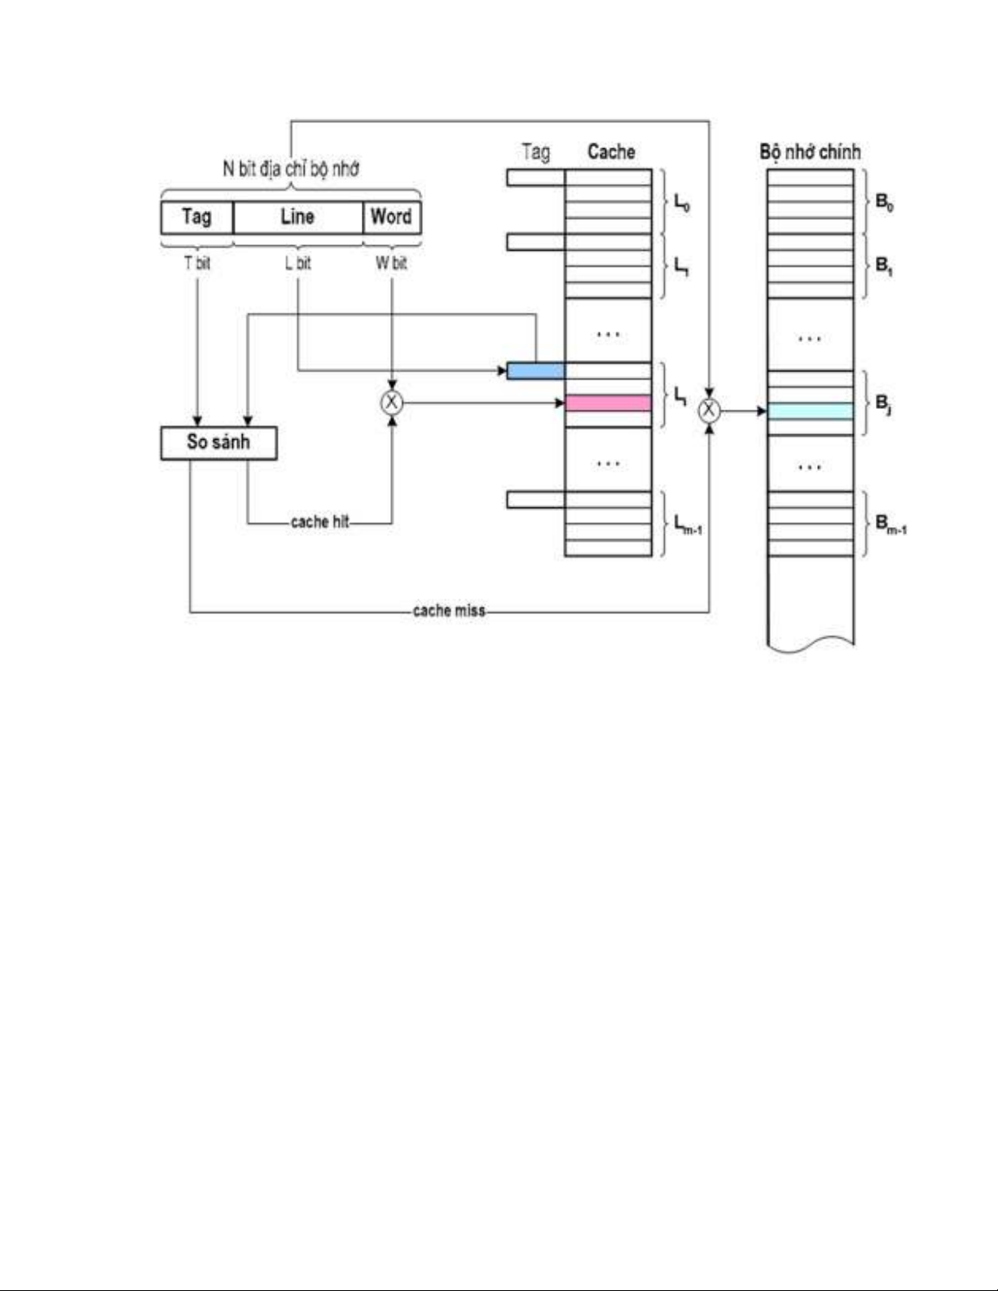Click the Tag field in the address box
coord(196,217)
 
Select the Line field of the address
coord(297,217)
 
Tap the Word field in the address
coord(391,217)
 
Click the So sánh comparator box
coord(218,442)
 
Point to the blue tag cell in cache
coord(535,371)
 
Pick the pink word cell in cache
coord(608,402)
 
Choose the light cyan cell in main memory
coord(810,411)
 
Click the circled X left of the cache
coord(392,402)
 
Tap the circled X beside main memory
coord(710,411)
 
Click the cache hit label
coord(319,522)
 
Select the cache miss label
coord(449,611)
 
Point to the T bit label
coord(197,263)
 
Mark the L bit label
coord(297,263)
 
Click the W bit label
coord(391,263)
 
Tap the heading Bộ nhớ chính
coord(810,152)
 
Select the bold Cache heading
coord(611,152)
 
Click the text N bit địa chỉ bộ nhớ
coord(291,169)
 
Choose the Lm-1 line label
coord(688,525)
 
